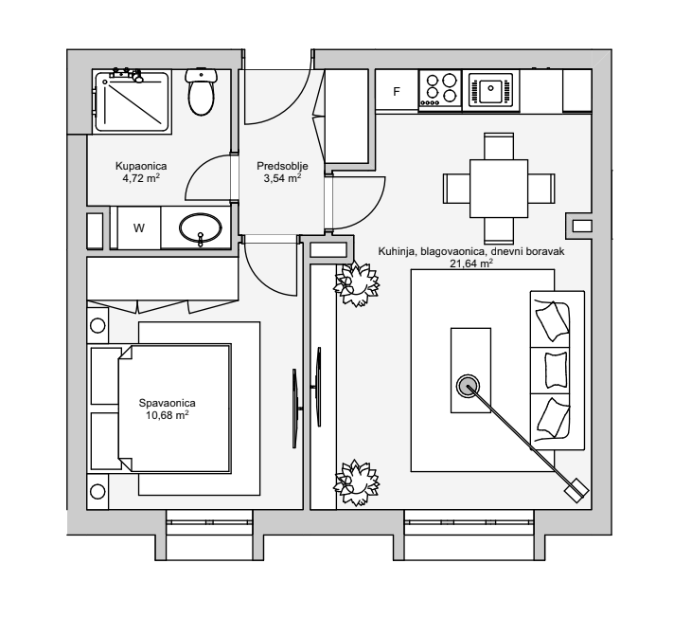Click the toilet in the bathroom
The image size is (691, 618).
tap(201, 92)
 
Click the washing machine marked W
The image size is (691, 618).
tap(138, 228)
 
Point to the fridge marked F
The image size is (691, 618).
tap(397, 92)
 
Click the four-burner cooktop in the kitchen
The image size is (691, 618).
tap(438, 91)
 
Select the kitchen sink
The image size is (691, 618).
tap(490, 91)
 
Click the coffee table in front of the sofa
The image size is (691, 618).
tap(470, 370)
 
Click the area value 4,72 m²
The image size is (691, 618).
tap(140, 177)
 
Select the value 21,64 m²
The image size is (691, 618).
tap(472, 264)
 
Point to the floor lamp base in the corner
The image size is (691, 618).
tap(576, 491)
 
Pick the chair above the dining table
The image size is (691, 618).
tap(498, 146)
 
